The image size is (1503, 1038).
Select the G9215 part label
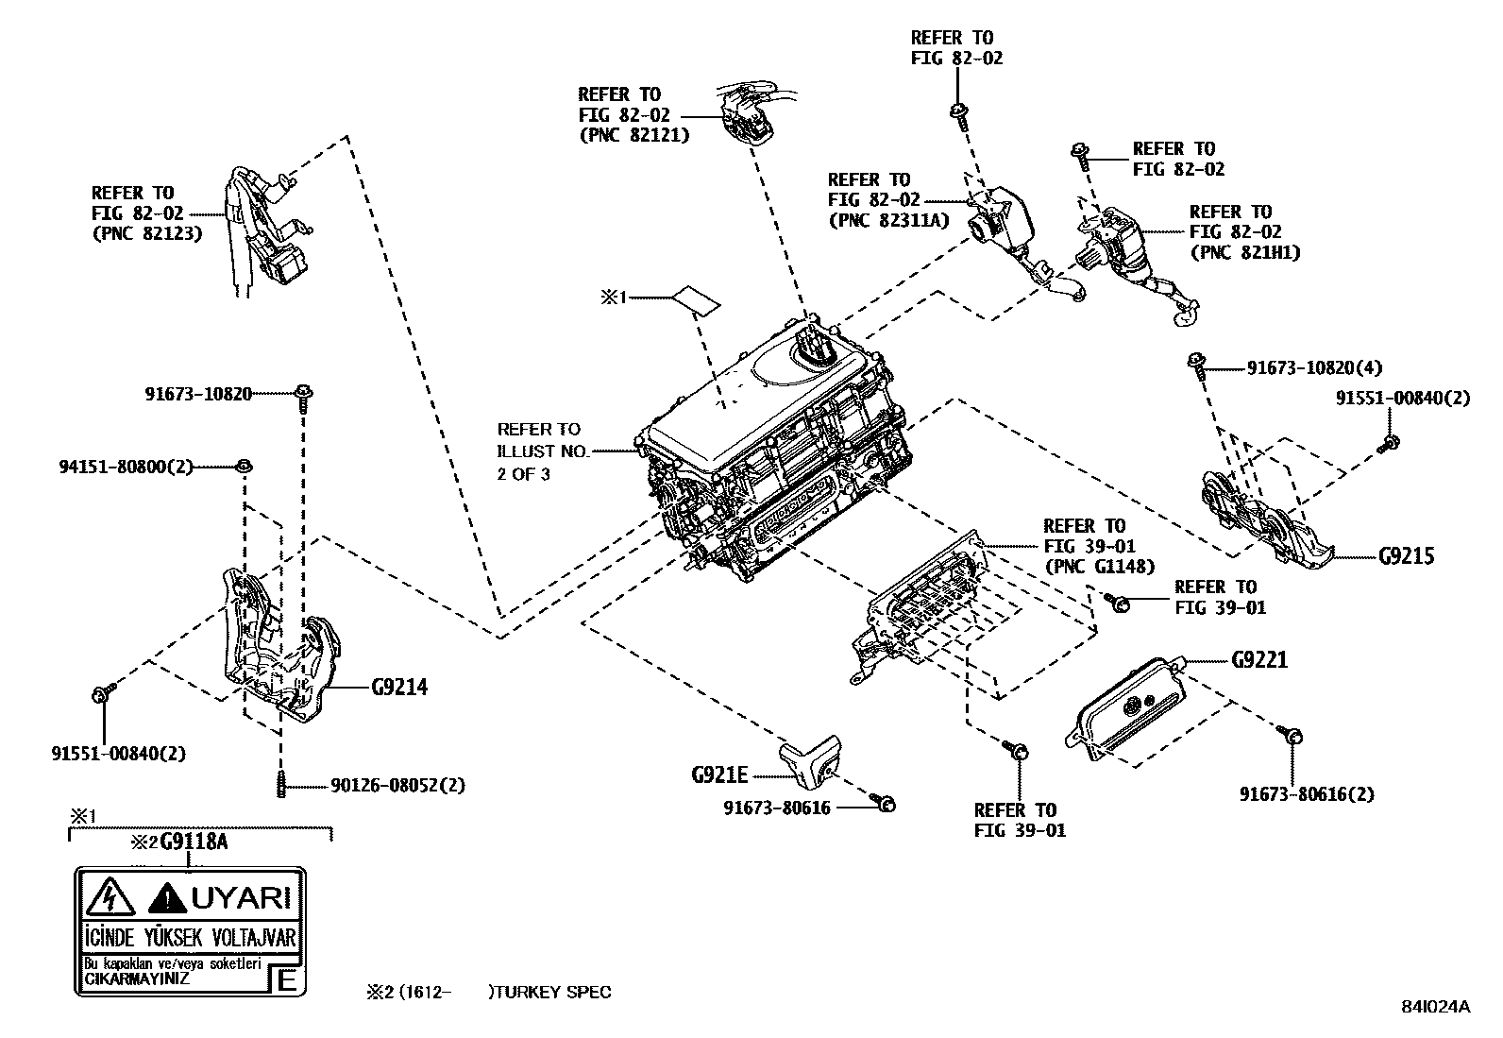pos(1406,555)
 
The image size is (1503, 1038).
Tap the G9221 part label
pos(1259,659)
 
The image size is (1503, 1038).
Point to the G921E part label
pos(719,775)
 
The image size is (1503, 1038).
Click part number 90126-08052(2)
pos(397,785)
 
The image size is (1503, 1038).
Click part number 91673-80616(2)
pos(1308,794)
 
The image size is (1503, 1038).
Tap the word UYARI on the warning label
pos(241,897)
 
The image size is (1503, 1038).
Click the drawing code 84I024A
pos(1435,1006)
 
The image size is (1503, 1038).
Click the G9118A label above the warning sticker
pos(194,841)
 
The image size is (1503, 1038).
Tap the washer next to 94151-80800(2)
pos(244,465)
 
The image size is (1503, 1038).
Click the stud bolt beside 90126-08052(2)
pos(280,785)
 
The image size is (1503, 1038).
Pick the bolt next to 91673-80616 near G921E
pos(886,804)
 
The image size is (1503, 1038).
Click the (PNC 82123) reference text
pos(146,233)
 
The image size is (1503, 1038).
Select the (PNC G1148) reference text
pos(1099,567)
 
